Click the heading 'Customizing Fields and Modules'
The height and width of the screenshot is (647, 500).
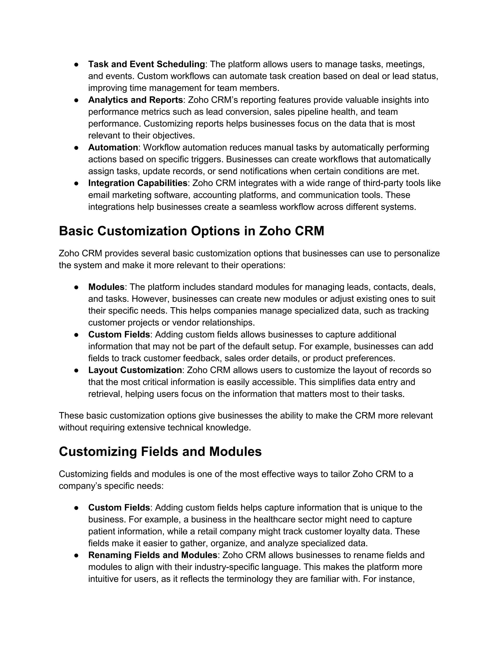(x=160, y=452)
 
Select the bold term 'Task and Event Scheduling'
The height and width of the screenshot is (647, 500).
(x=146, y=64)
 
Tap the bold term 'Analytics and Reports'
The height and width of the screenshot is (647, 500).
(x=135, y=100)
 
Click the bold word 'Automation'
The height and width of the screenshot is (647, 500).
(x=113, y=147)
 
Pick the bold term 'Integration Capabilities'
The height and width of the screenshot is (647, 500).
(x=138, y=183)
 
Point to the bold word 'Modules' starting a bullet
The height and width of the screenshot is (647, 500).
(x=106, y=287)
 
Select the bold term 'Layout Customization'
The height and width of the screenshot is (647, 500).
(x=135, y=370)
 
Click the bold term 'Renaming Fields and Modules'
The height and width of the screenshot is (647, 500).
(x=153, y=555)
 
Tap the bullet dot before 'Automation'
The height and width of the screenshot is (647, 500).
(x=76, y=147)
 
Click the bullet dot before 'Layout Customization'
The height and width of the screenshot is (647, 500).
(x=76, y=370)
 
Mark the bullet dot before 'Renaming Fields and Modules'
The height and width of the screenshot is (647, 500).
(x=76, y=555)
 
